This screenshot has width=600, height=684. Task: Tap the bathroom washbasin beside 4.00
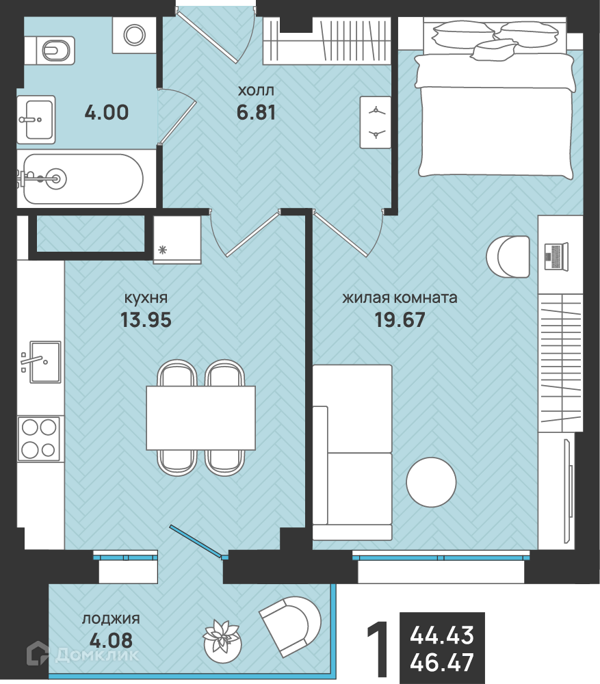(36, 120)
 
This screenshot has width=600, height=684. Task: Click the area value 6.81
(256, 113)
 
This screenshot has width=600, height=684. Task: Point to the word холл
(256, 90)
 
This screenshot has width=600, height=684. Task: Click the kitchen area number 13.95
(146, 319)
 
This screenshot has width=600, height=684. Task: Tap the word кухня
(146, 298)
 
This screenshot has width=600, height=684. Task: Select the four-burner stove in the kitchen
(39, 438)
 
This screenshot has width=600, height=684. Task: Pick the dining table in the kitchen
(200, 418)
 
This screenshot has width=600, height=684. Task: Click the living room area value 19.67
(400, 319)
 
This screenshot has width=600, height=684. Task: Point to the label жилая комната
(400, 298)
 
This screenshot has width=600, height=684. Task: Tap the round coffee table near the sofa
(431, 482)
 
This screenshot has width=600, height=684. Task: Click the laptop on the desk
(556, 257)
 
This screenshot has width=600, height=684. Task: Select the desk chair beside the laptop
(508, 257)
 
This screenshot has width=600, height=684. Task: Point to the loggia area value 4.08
(111, 641)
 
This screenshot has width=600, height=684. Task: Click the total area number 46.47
(441, 663)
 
